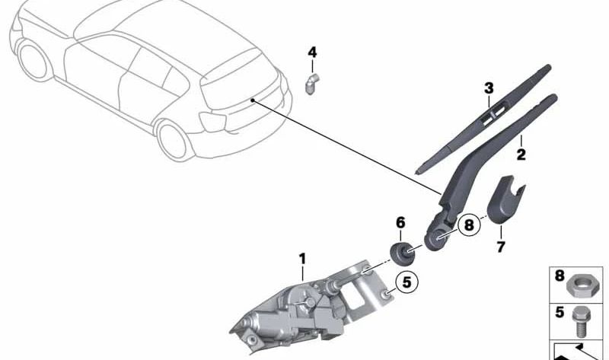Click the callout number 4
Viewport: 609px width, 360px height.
(312, 52)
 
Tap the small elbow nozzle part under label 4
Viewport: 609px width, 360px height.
(312, 84)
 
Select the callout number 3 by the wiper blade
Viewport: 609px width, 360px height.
(489, 88)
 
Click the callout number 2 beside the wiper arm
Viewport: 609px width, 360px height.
(521, 155)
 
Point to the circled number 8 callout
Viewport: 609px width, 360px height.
(469, 225)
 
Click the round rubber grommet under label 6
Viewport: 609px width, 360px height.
(401, 254)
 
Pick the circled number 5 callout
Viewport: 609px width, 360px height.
(407, 282)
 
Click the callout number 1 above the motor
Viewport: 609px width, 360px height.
(302, 259)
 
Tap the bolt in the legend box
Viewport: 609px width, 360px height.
(579, 323)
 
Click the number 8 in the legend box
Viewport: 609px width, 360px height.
(560, 276)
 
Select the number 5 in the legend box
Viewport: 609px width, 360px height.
(560, 313)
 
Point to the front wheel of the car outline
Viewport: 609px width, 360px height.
(34, 61)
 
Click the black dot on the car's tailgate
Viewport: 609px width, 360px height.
(253, 100)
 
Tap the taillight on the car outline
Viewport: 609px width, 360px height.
(212, 122)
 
